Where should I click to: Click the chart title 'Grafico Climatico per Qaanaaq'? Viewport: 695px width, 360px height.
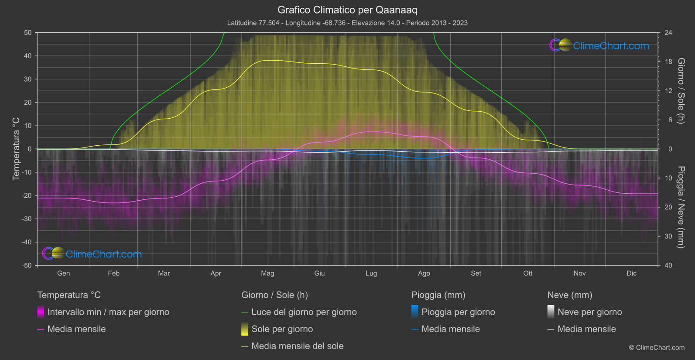(347, 10)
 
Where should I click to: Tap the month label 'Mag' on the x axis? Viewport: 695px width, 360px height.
(267, 273)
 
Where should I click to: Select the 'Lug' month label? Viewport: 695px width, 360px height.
(371, 273)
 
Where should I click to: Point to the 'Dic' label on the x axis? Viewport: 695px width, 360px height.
(631, 273)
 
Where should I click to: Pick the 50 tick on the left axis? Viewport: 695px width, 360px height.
(28, 33)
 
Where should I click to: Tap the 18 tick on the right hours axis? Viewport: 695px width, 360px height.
(668, 62)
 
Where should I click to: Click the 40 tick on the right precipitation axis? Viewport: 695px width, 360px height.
(668, 265)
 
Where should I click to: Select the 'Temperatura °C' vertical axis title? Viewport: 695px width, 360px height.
(16, 149)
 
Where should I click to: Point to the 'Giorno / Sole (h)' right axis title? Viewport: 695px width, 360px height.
(681, 91)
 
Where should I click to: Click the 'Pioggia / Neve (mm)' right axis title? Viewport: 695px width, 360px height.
(681, 207)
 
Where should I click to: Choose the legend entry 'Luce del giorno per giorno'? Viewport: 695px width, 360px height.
(304, 312)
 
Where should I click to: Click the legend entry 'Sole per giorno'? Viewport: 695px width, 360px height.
(282, 329)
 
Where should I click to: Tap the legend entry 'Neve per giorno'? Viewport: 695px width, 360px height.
(589, 312)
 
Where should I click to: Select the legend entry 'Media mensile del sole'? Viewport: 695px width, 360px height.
(297, 346)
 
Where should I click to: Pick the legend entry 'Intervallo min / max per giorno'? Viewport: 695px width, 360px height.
(108, 312)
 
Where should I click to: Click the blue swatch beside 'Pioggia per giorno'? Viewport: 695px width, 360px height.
(415, 312)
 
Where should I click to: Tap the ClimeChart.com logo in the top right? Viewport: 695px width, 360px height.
(599, 45)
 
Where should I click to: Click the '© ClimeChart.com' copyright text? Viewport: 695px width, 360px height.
(657, 348)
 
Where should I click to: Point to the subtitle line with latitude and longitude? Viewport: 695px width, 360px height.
(347, 23)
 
